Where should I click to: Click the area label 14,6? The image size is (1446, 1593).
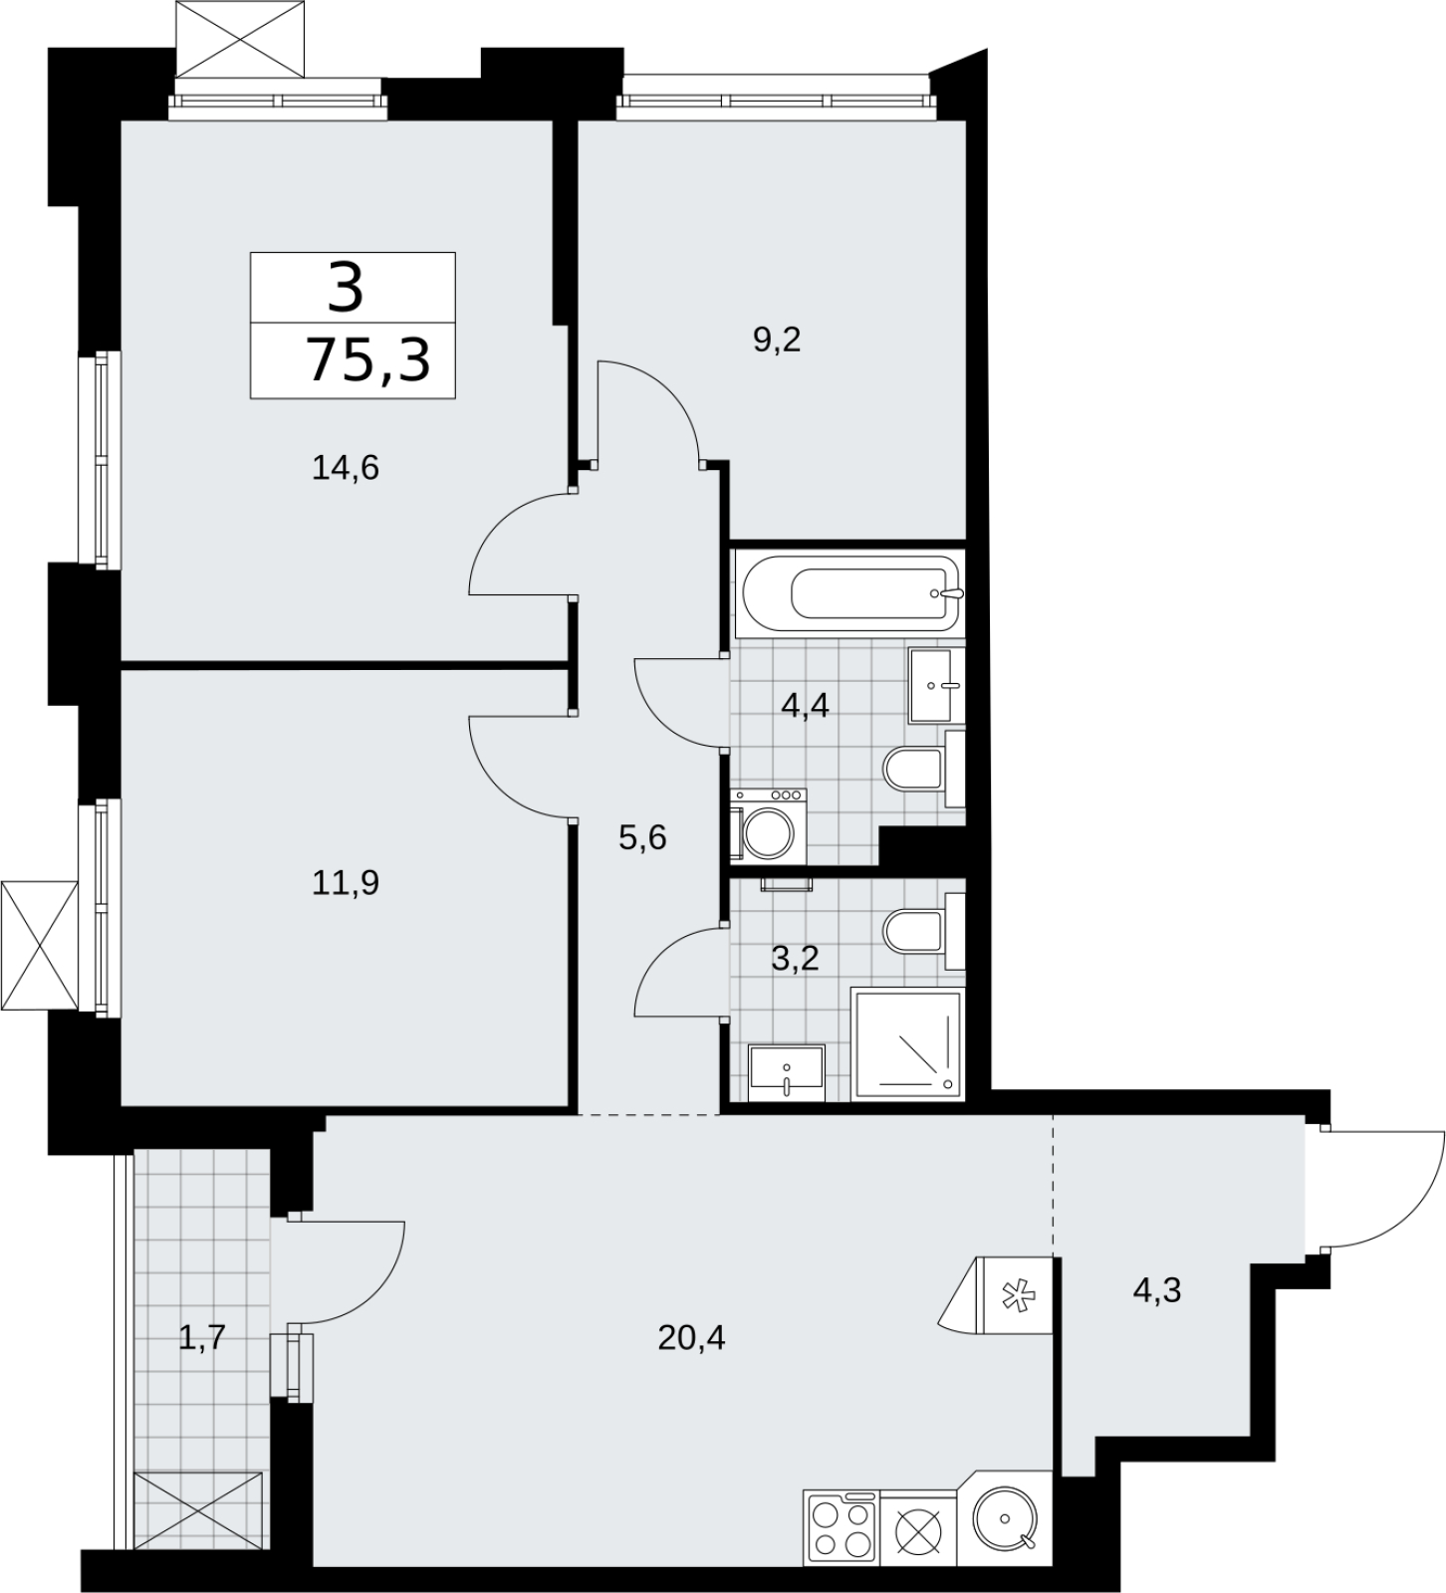pos(346,467)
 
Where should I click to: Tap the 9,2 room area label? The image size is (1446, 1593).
pos(777,341)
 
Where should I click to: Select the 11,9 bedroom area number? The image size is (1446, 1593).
pos(346,882)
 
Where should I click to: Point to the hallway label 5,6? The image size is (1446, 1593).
pos(642,837)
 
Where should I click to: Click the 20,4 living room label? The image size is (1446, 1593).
pos(691,1337)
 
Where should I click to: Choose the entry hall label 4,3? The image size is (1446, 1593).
pos(1157,1290)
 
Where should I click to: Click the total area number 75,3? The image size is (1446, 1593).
pos(368,359)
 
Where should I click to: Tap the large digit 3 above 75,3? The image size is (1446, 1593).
pos(346,288)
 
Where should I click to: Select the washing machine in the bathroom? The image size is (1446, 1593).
pos(768,825)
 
